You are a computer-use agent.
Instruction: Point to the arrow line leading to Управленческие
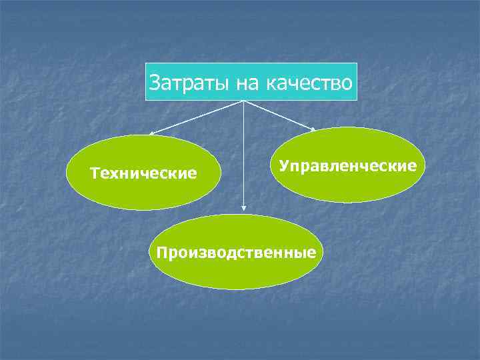(280, 115)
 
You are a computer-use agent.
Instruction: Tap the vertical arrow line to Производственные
(243, 153)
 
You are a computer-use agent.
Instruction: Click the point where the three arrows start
(243, 101)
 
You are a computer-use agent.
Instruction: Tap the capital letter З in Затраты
(155, 83)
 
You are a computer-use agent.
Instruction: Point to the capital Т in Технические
(94, 174)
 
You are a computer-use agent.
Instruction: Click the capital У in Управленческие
(283, 165)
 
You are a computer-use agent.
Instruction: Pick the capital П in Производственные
(160, 253)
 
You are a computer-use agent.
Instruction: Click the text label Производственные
(235, 253)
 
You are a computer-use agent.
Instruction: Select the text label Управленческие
(348, 165)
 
